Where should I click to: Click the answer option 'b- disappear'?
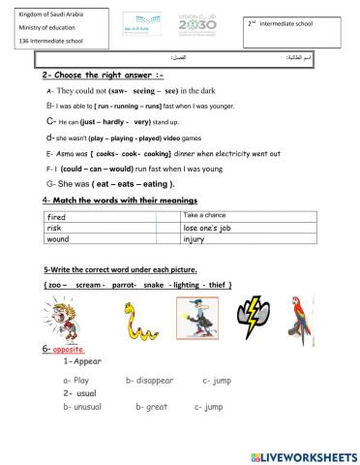(x=151, y=381)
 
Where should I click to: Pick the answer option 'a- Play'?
(x=75, y=381)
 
